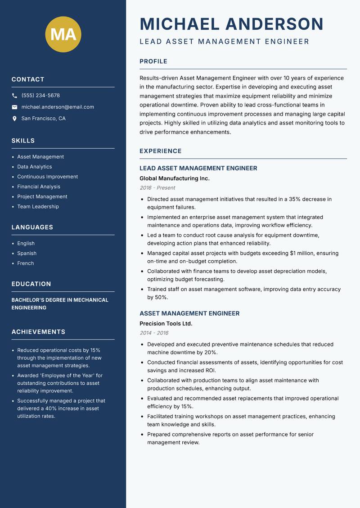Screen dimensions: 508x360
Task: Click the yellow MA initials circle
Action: [x=63, y=34]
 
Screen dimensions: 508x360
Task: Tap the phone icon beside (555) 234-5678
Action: [x=14, y=96]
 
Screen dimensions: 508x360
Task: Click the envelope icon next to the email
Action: [x=14, y=107]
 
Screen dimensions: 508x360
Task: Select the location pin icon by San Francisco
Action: [x=14, y=119]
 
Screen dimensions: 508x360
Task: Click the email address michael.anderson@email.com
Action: [x=58, y=107]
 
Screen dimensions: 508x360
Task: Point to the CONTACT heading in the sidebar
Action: [x=28, y=80]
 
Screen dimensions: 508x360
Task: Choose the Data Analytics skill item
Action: [x=35, y=167]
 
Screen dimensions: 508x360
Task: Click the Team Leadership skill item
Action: [x=38, y=207]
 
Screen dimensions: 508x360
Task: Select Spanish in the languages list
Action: [x=27, y=254]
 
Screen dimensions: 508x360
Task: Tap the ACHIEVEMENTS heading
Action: [x=38, y=332]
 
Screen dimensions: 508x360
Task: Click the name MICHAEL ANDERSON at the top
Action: [x=232, y=24]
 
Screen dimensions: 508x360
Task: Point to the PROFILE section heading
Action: [x=153, y=62]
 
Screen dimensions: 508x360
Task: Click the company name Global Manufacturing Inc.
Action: [x=175, y=178]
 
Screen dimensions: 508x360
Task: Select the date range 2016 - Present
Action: [x=157, y=188]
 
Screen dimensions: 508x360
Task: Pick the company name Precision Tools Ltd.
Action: [x=166, y=324]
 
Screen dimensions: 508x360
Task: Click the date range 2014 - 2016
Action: [x=154, y=333]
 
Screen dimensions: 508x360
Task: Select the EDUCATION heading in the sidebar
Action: [x=31, y=284]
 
